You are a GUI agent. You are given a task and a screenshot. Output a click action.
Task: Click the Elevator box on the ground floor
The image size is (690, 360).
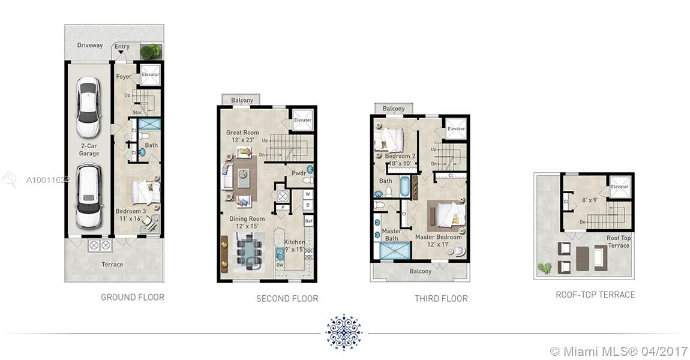[x=150, y=74]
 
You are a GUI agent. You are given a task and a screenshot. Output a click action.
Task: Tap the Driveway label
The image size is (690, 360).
[x=90, y=45]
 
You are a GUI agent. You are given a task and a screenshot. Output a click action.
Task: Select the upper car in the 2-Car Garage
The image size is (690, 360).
[x=88, y=107]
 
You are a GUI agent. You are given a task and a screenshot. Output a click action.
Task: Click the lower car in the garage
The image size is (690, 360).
[x=89, y=196]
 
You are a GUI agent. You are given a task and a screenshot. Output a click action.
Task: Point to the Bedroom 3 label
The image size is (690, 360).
[x=131, y=211]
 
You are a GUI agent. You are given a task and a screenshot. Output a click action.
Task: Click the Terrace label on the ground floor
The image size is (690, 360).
[x=112, y=264]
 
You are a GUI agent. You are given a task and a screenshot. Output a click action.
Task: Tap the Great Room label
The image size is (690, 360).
[x=242, y=132]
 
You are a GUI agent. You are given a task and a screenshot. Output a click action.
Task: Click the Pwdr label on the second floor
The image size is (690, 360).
[x=299, y=173]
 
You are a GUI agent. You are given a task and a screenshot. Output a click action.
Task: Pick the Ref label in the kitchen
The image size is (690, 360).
[x=308, y=221]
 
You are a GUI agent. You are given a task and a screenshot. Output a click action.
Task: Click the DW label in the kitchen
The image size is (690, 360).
[x=280, y=265]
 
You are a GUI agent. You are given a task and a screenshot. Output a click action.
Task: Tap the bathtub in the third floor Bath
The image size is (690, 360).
[x=405, y=187]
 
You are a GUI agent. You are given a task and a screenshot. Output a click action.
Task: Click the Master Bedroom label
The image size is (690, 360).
[x=438, y=237]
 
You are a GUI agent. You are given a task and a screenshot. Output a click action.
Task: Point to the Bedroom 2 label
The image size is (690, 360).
[x=400, y=156]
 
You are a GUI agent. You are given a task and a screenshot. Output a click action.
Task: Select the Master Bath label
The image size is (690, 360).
[x=391, y=235]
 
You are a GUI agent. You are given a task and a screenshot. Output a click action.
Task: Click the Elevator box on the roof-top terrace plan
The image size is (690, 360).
[x=619, y=187]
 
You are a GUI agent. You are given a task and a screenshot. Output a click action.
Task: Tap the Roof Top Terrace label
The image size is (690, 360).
[x=618, y=242]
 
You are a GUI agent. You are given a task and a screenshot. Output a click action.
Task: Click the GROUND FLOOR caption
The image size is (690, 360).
[x=133, y=297]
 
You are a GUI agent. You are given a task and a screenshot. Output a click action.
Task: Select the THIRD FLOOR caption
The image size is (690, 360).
[x=441, y=298]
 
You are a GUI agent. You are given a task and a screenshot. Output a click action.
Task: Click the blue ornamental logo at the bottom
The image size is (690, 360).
[x=344, y=332]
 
